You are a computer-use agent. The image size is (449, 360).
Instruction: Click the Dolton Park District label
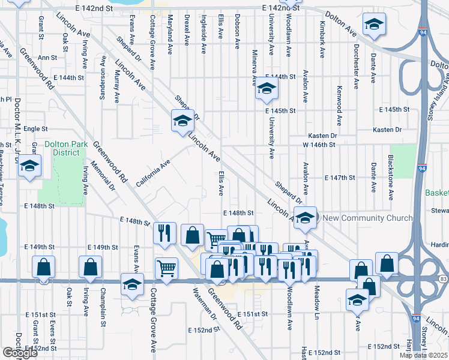tap(67, 148)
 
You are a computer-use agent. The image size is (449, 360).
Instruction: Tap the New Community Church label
tap(367, 218)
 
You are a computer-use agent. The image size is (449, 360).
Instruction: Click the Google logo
tap(20, 353)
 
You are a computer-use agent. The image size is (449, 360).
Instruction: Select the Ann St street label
tap(47, 58)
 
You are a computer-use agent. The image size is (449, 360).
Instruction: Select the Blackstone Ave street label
tap(391, 181)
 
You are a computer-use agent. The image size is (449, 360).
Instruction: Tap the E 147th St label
tap(340, 178)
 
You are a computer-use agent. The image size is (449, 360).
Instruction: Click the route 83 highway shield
tap(443, 280)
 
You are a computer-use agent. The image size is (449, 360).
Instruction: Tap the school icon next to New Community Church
tap(305, 217)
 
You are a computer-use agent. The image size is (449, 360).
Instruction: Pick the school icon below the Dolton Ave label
tap(373, 25)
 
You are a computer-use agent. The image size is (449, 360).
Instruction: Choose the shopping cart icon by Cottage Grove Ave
tap(167, 268)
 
